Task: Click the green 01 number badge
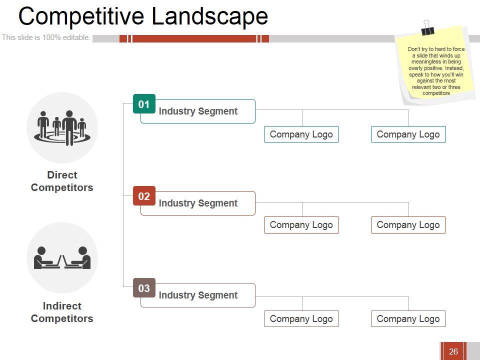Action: (x=144, y=104)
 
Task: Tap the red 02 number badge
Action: (x=144, y=196)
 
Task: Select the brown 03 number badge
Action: (x=144, y=288)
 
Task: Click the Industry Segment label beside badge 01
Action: (x=198, y=111)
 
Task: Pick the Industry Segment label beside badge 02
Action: (x=198, y=203)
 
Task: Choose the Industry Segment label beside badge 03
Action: (x=198, y=295)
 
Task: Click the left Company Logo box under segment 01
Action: (x=301, y=134)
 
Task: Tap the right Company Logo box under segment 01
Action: (x=408, y=134)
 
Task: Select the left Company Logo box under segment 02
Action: (x=301, y=225)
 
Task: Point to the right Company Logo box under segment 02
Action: (x=408, y=225)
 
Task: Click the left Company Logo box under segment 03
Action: (x=301, y=319)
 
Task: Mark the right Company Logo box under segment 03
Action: (x=408, y=319)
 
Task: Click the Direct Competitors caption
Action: (x=62, y=181)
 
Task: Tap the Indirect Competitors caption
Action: (x=62, y=312)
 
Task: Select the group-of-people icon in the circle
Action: (x=62, y=127)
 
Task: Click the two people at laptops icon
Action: (x=62, y=258)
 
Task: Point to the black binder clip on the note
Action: (x=427, y=28)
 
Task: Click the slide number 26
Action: (x=453, y=351)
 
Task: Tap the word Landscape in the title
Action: (x=209, y=16)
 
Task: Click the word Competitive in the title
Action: (x=82, y=16)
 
